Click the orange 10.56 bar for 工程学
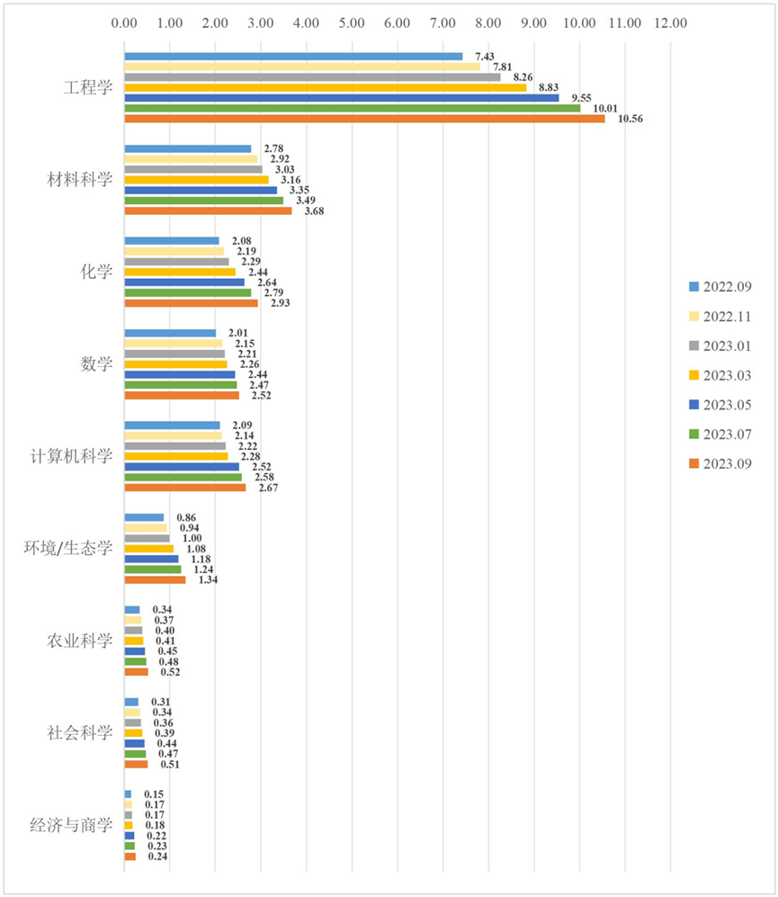364,119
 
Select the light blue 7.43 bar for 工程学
293,57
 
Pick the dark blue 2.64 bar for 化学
184,283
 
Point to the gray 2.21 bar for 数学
174,354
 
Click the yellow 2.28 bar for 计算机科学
176,457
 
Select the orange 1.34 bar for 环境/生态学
155,580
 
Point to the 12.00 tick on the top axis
670,22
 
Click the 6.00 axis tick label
398,22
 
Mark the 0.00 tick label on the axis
124,22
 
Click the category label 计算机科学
71,455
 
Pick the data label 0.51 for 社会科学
170,765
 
